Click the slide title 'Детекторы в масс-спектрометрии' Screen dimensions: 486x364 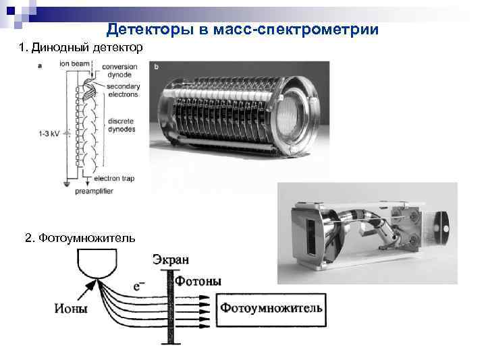(x=242, y=30)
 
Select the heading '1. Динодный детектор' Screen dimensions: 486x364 (x=80, y=47)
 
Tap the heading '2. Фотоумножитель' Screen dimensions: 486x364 (x=80, y=238)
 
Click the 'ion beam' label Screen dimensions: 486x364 (x=74, y=64)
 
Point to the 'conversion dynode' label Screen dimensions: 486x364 (x=119, y=71)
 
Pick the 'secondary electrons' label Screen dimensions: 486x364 (x=124, y=90)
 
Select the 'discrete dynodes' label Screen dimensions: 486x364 (x=122, y=125)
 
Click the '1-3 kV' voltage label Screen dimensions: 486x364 (x=49, y=133)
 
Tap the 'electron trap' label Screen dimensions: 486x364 (x=114, y=178)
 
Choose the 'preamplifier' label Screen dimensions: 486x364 (x=94, y=191)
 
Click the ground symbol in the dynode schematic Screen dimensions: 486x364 (x=67, y=185)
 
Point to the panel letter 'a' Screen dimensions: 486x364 (x=40, y=66)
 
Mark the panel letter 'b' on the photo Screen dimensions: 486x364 (x=156, y=67)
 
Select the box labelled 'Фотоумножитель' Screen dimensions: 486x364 (x=271, y=310)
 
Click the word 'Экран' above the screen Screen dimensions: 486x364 (x=171, y=260)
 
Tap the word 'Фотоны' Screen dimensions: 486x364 (x=198, y=281)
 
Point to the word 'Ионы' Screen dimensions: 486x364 (x=71, y=308)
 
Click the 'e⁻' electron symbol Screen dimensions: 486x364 (x=139, y=286)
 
